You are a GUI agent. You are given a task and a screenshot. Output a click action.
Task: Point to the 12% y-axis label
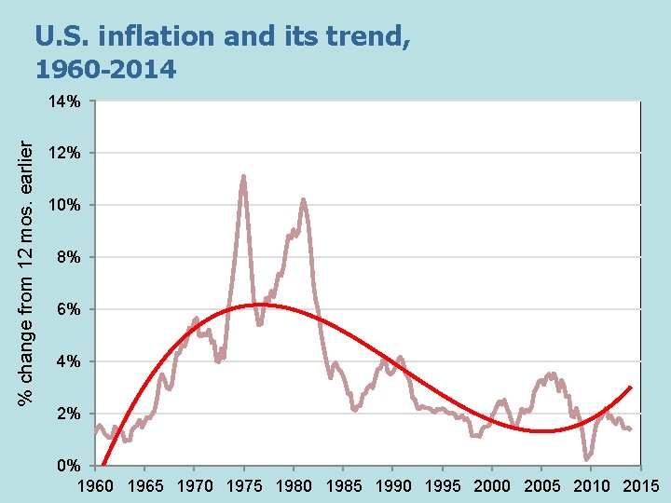click(x=66, y=153)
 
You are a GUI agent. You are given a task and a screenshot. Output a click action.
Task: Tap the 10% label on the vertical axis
click(x=66, y=205)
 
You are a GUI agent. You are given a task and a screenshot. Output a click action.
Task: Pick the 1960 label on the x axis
click(x=94, y=485)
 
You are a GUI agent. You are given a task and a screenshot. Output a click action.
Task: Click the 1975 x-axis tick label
click(x=243, y=485)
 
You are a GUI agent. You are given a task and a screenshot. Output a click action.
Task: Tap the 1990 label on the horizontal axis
click(x=392, y=485)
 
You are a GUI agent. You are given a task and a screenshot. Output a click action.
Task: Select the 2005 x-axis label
click(x=541, y=485)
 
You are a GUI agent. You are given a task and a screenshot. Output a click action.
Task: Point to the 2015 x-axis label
click(x=640, y=485)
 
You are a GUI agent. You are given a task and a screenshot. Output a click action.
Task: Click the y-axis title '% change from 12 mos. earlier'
click(x=29, y=272)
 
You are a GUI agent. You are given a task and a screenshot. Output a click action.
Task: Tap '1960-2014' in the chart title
click(x=105, y=68)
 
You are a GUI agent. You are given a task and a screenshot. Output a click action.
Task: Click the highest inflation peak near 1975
click(x=243, y=176)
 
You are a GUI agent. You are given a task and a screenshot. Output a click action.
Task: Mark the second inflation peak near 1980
click(x=303, y=199)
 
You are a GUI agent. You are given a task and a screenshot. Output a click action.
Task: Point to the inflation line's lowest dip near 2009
click(x=586, y=458)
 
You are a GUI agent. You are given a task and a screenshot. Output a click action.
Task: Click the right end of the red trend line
click(x=632, y=387)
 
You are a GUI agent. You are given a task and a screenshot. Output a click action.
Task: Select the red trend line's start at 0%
click(x=103, y=464)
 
